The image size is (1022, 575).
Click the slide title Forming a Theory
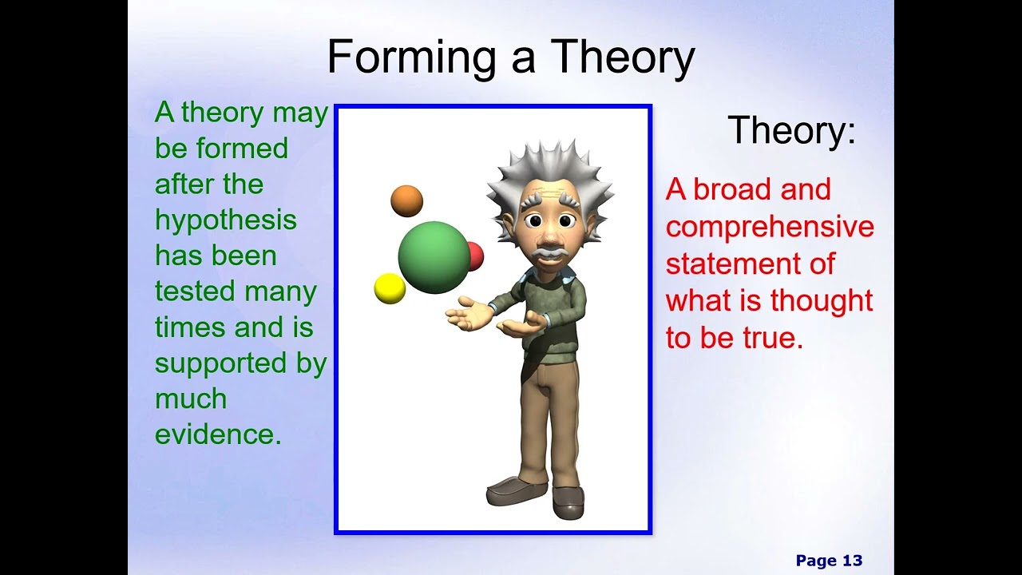point(511,57)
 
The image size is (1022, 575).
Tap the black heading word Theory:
point(791,130)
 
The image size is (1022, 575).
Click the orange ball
point(406,200)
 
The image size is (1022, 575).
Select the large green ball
point(434,257)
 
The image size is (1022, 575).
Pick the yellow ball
point(390,288)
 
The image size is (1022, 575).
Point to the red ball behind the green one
point(476,256)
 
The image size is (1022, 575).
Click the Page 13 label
point(829,561)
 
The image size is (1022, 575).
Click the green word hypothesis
point(225,220)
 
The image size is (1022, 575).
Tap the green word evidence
point(217,434)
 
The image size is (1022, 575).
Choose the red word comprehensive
point(770,227)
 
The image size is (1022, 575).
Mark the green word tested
point(196,291)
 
